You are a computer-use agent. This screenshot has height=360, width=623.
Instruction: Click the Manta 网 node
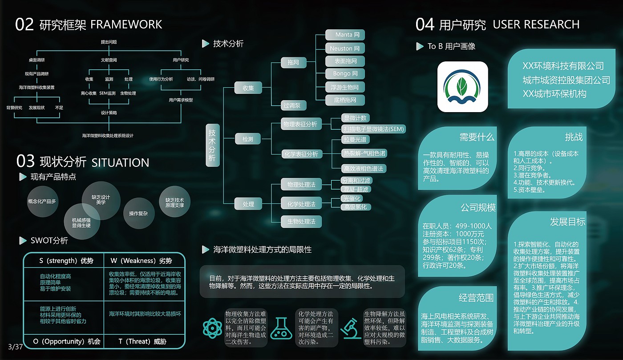pos(344,35)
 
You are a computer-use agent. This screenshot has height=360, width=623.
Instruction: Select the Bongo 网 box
pos(345,73)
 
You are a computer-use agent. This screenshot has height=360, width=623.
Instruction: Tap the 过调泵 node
pos(292,105)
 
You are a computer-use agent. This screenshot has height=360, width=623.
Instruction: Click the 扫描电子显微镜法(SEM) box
pos(373,129)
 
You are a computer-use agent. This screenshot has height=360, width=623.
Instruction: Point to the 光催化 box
pos(351,198)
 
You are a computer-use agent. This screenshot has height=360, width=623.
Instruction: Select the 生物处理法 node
pos(301,221)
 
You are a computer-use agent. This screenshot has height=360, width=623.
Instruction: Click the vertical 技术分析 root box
pos(213,145)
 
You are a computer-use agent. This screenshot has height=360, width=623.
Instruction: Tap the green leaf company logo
pos(462,87)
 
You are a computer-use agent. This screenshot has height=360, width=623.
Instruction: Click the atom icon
pos(212,328)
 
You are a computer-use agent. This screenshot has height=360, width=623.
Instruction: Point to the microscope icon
pos(351,328)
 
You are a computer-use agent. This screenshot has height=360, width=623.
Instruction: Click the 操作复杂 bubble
pos(138,214)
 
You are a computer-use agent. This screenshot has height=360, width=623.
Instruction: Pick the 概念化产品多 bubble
pos(42,201)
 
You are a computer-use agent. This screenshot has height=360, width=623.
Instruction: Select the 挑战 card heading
pos(574,137)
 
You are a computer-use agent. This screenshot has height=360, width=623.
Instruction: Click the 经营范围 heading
pos(476,298)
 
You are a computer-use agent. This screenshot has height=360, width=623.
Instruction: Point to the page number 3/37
pos(15,346)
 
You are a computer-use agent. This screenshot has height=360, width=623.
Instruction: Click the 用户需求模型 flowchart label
pos(181,100)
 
